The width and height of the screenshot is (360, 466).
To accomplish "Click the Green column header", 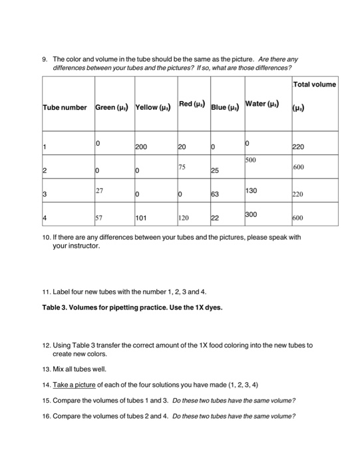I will click(x=112, y=107).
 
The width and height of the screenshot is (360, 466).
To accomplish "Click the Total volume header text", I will click(x=314, y=84).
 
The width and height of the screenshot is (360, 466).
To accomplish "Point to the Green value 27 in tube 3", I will click(x=100, y=190).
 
